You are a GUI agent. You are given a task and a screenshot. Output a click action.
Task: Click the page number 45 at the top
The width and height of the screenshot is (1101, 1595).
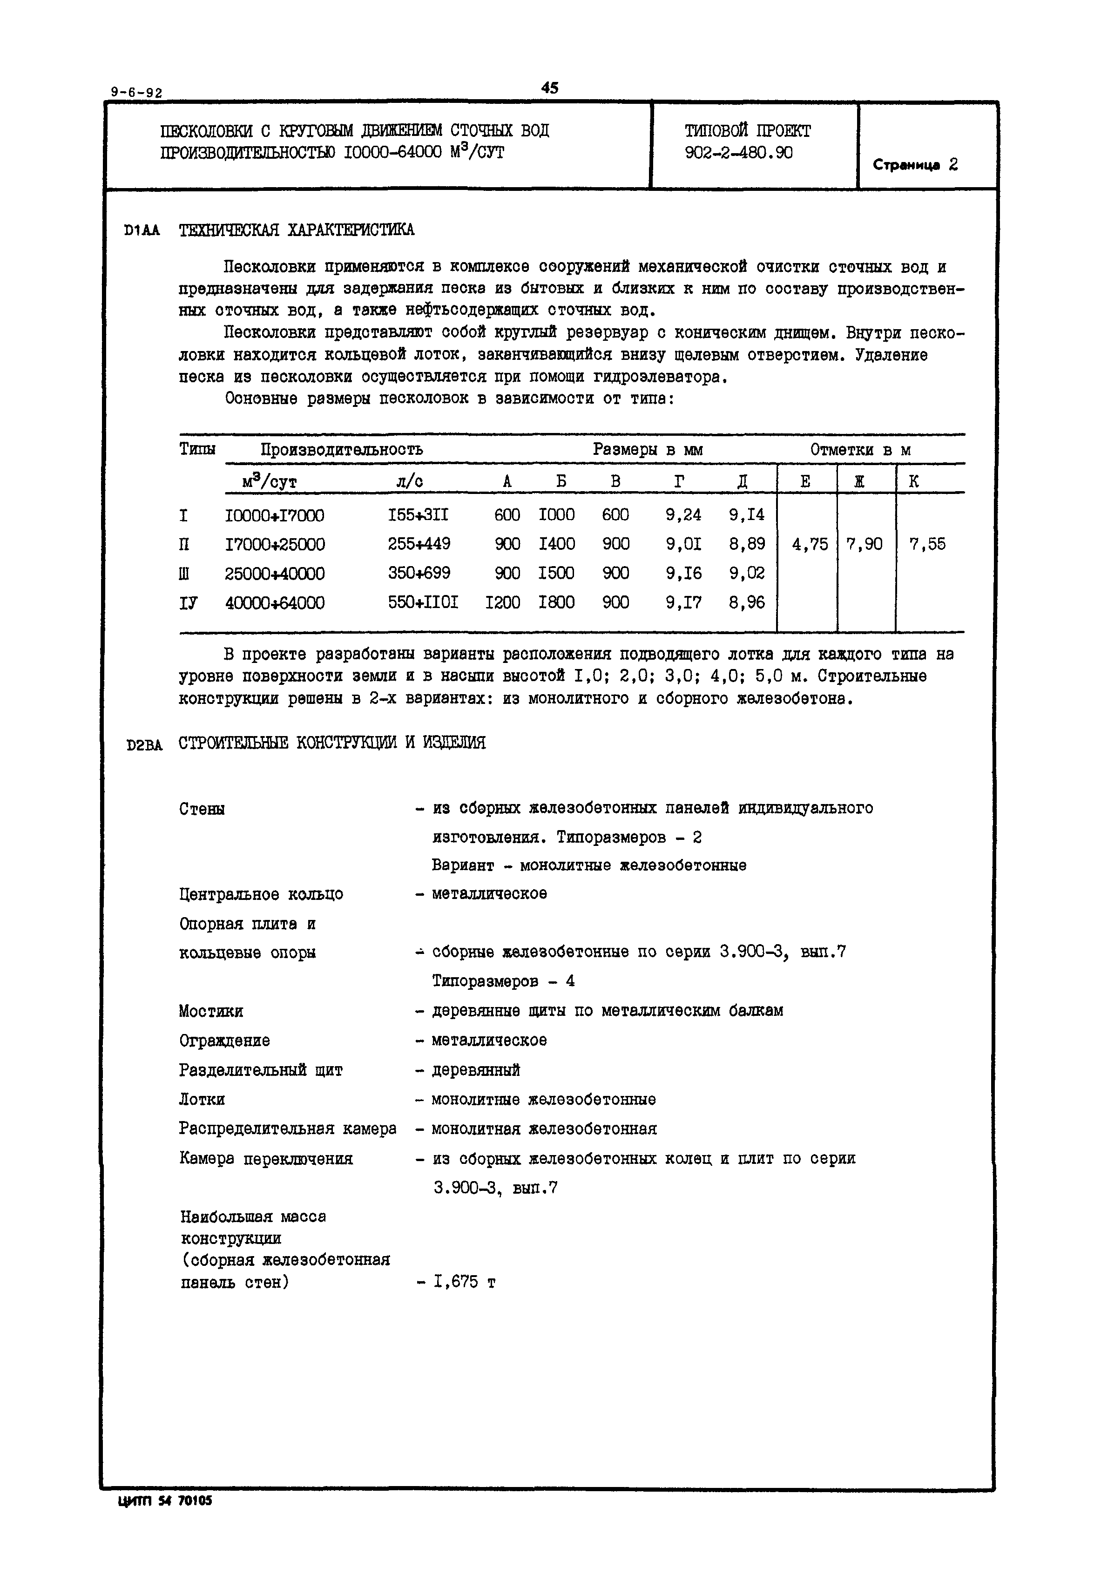(x=549, y=88)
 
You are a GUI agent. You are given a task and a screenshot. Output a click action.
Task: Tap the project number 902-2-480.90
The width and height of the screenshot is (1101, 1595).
(x=738, y=152)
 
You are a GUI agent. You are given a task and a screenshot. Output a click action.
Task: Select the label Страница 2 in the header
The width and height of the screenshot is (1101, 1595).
(x=915, y=165)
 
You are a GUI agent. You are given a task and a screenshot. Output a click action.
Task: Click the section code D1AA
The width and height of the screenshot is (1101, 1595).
(x=142, y=230)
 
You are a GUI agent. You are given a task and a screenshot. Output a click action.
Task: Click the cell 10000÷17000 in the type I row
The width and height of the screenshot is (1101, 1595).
(x=275, y=515)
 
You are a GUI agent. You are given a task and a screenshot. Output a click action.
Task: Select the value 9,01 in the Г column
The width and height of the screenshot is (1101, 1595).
(x=683, y=544)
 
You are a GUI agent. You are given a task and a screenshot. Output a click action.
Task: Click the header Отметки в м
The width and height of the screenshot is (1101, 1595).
(x=860, y=450)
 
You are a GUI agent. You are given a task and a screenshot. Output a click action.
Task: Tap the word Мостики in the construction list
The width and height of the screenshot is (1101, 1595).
(x=210, y=1011)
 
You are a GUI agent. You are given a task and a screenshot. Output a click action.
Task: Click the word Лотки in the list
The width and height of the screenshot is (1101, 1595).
(x=202, y=1100)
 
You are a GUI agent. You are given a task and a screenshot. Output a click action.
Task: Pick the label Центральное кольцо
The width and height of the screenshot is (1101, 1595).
(x=261, y=894)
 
